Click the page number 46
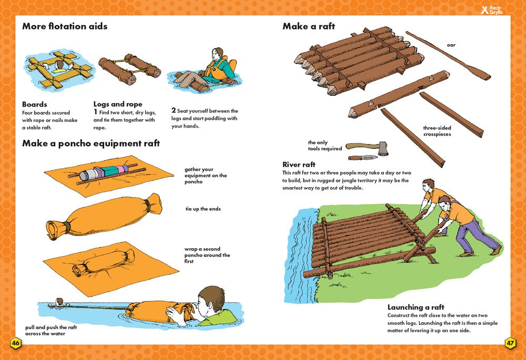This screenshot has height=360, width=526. click(16, 343)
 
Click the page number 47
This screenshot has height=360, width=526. click(510, 343)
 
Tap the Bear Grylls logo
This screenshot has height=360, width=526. click(492, 9)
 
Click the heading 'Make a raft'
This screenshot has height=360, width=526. click(309, 26)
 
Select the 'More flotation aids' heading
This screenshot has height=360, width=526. click(65, 26)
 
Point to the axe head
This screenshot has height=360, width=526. click(383, 148)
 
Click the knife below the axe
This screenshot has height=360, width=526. click(363, 158)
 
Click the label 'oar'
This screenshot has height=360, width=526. click(451, 45)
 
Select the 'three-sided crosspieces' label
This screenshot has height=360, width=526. click(437, 131)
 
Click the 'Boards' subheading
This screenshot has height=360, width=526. click(35, 104)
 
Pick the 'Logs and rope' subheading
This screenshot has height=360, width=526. click(118, 104)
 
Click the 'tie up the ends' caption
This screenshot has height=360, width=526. click(203, 209)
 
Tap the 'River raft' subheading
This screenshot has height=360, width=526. click(299, 164)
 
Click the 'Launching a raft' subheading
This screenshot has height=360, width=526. click(416, 307)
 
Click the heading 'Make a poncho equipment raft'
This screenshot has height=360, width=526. click(91, 143)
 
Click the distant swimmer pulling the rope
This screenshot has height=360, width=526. click(59, 302)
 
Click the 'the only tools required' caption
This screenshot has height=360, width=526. click(325, 146)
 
